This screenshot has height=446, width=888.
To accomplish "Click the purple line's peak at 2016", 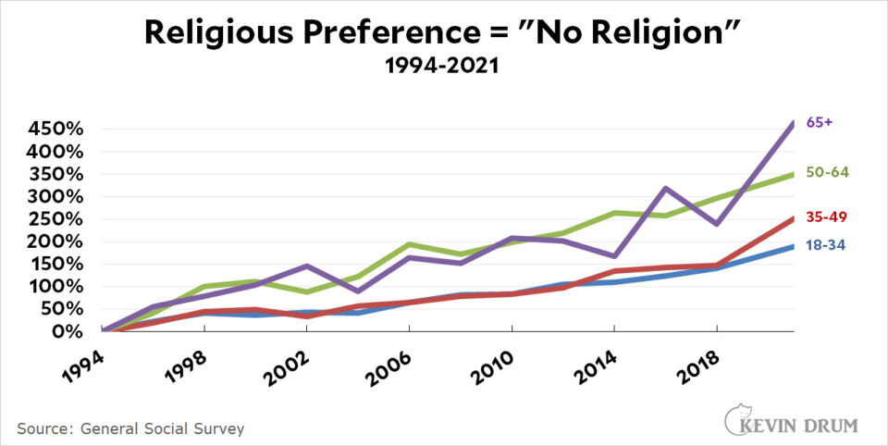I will click(x=664, y=188).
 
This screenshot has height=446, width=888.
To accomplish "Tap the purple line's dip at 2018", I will click(x=715, y=224).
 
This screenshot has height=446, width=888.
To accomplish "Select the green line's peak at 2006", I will click(x=410, y=244).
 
